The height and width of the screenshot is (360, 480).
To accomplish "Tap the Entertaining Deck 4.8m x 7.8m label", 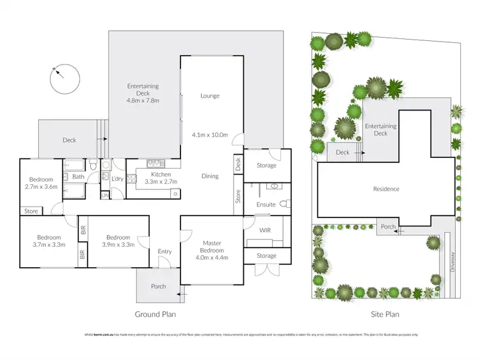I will (143, 93).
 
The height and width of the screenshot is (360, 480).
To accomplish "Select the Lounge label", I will (210, 96).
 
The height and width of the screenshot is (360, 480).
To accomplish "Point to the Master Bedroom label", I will (211, 247).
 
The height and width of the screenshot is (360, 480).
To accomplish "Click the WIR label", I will (266, 230).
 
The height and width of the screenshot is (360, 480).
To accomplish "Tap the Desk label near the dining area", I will (238, 164).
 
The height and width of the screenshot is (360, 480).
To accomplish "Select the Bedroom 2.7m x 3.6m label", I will (40, 184).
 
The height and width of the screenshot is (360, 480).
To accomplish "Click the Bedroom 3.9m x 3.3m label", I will (118, 240).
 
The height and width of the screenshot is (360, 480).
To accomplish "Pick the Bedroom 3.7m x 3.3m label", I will (49, 240).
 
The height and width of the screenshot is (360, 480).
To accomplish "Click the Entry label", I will (164, 251).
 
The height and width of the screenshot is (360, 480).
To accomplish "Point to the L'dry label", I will (117, 178).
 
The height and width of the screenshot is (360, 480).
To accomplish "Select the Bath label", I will (78, 176).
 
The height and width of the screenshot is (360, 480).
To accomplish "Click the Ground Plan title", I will (155, 314).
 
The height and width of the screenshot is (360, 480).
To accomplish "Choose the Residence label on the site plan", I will (386, 189).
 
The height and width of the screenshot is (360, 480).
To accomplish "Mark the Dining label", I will (210, 176).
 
